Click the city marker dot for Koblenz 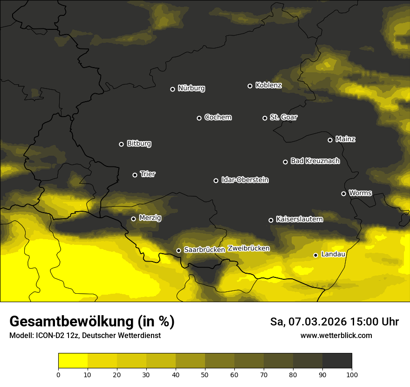tap(250, 86)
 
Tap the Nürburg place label tap(191, 88)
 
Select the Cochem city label tap(218, 117)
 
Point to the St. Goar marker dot tap(265, 118)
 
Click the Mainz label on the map tap(345, 139)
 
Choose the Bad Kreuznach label tap(315, 161)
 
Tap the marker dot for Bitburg tap(121, 144)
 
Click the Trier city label tap(148, 174)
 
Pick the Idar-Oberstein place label tap(245, 180)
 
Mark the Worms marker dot tap(343, 193)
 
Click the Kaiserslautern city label tap(299, 219)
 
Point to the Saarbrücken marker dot tap(178, 250)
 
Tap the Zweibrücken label tap(248, 249)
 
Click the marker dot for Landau tap(315, 255)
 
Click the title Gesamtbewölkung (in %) tap(92, 322)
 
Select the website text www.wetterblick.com tap(336, 335)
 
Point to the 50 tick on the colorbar tap(205, 374)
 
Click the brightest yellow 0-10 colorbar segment tap(73, 361)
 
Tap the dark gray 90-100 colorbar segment tap(337, 361)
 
